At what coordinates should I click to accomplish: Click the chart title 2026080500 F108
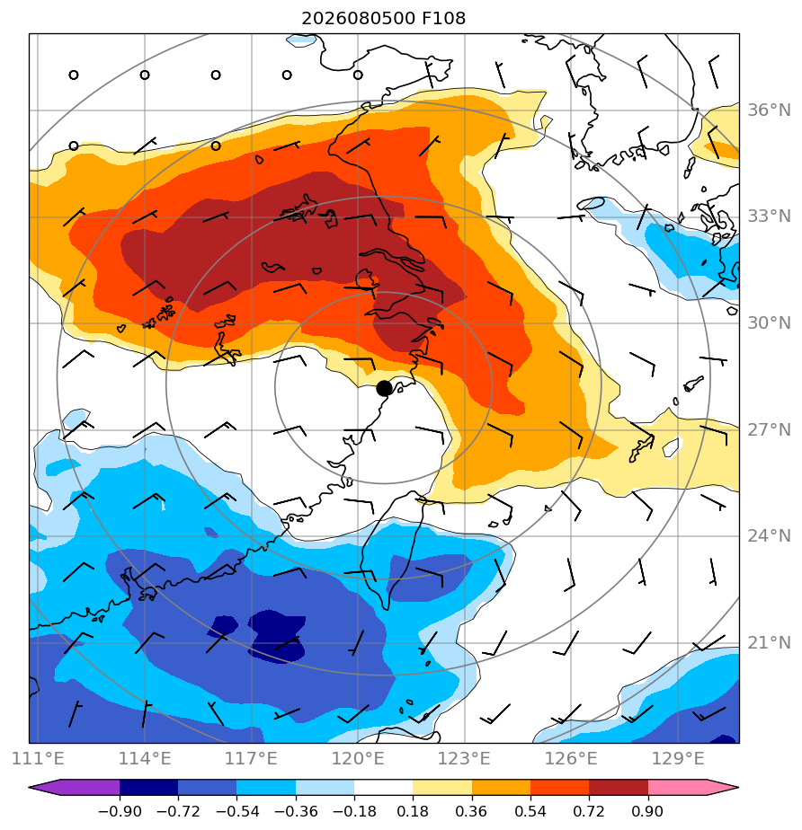point(384,19)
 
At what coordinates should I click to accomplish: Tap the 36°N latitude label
point(769,110)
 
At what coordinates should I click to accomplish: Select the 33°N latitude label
point(769,216)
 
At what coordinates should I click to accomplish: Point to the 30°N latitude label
point(769,322)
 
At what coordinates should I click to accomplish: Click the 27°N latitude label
point(769,429)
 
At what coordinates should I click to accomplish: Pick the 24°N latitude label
point(769,536)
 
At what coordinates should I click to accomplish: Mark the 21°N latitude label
point(769,643)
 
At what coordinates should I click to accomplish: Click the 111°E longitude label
point(38,758)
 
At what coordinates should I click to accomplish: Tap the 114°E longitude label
point(145,758)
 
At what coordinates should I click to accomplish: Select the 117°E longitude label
point(251,758)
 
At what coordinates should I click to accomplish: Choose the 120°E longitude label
point(358,758)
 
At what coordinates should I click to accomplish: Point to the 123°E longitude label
point(464,758)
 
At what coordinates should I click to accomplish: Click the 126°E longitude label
point(571,758)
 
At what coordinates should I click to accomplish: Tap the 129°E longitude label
point(678,758)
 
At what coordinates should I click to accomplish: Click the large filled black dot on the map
point(384,389)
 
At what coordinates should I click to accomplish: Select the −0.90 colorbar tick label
point(120,811)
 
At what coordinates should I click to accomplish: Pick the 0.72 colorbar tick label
point(589,811)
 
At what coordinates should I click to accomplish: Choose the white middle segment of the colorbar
point(384,787)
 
